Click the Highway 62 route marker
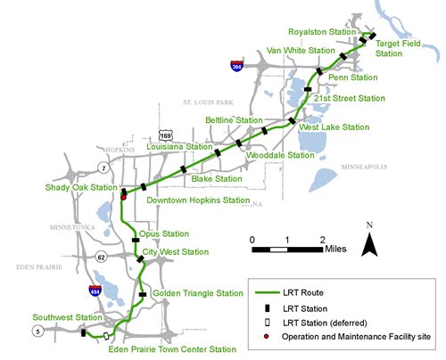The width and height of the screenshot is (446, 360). tap(102, 257)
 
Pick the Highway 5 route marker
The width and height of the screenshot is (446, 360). tap(37, 332)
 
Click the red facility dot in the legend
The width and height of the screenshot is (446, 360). tap(265, 336)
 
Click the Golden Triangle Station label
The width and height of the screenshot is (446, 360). tap(197, 293)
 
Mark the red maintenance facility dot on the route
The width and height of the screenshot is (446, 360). tap(123, 197)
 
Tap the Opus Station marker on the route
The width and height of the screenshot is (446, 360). tap(136, 239)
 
